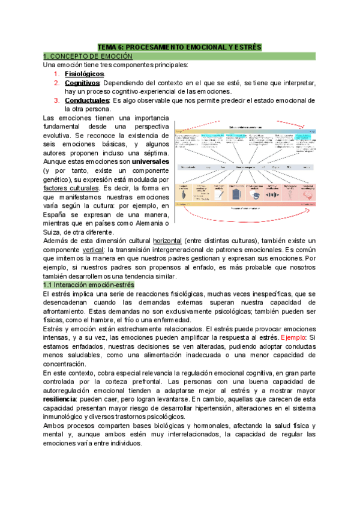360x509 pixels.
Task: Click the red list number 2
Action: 56,82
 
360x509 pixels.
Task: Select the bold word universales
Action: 148,163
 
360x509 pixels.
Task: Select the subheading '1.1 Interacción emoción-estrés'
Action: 91,285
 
